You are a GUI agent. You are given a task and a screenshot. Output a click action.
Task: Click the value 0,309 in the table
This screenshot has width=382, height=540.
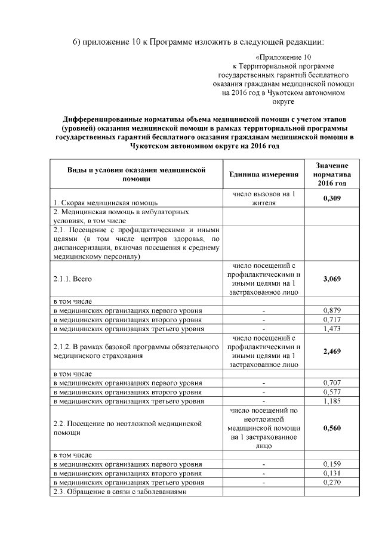[332, 198]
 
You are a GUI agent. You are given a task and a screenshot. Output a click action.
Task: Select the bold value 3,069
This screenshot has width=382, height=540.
[332, 279]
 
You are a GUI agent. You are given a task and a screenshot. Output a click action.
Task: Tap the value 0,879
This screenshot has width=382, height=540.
[332, 311]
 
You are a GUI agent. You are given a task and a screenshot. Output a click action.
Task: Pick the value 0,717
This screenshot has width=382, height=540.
[332, 320]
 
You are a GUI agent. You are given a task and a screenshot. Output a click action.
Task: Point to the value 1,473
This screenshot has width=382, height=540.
[332, 329]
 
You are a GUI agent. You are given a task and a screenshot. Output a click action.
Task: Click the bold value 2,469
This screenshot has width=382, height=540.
[332, 352]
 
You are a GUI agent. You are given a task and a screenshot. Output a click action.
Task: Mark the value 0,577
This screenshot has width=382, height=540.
[332, 393]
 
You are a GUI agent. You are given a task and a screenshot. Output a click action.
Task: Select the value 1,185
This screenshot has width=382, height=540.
[332, 402]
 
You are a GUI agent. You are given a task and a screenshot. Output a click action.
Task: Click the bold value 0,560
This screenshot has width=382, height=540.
[332, 428]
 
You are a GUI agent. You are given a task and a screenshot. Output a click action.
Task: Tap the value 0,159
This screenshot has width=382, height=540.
[332, 464]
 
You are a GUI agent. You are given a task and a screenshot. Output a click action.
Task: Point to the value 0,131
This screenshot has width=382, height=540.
[332, 473]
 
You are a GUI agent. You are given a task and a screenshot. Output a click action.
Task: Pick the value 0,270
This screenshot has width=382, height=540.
[332, 482]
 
